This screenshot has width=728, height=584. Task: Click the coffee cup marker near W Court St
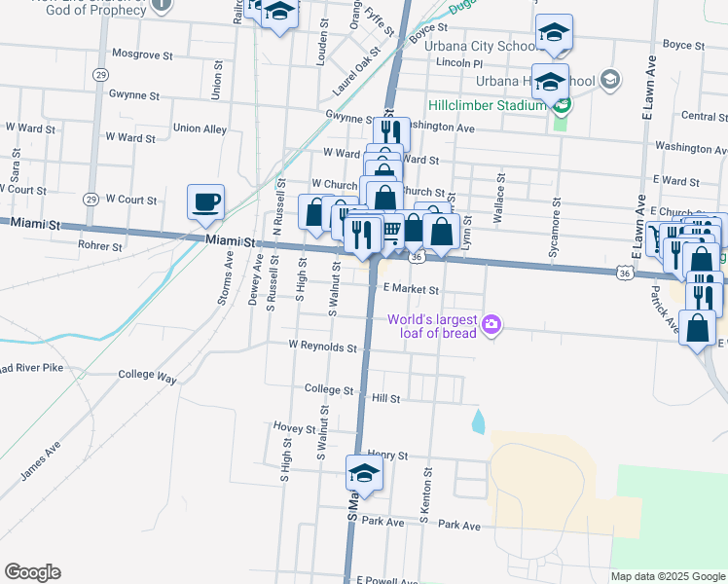205,202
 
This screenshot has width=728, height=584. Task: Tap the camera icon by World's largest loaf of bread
492,324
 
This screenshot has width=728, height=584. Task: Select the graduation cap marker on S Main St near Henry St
364,474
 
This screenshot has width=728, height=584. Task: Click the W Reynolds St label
322,347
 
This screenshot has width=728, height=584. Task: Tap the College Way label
147,374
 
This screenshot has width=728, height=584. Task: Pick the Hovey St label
295,427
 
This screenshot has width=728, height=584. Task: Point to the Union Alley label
200,128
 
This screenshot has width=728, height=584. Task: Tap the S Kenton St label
424,495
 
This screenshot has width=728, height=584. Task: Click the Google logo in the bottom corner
32,572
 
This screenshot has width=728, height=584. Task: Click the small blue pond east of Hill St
477,422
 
